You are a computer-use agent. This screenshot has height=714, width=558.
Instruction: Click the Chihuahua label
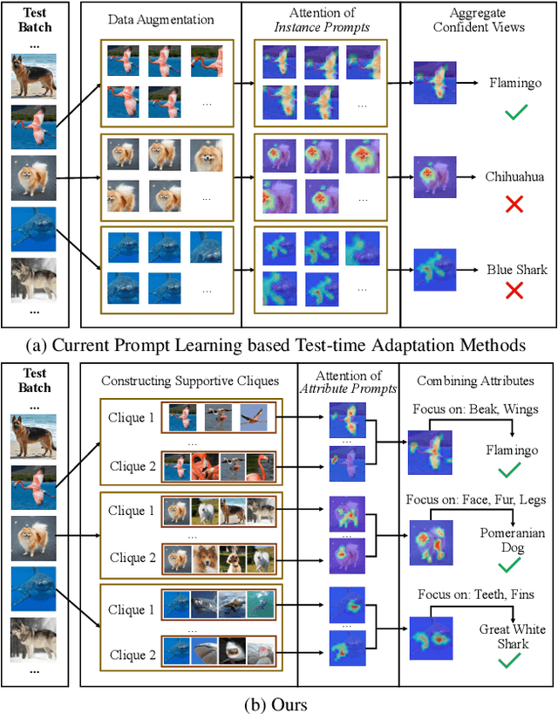coord(514,176)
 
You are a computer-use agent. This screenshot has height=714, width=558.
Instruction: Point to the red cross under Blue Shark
coord(514,291)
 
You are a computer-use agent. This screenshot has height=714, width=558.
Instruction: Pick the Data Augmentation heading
coord(160,20)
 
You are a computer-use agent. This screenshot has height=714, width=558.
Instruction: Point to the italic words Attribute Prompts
coord(347,388)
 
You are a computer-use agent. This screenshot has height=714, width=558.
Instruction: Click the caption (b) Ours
coord(278,700)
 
